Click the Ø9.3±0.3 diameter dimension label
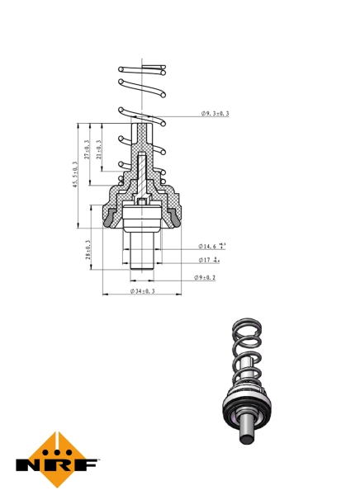point(214,113)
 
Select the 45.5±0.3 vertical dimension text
point(74,176)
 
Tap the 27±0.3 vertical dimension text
point(87,149)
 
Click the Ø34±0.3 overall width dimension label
point(143,292)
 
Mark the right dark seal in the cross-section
point(176,219)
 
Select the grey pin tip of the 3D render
point(245,436)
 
